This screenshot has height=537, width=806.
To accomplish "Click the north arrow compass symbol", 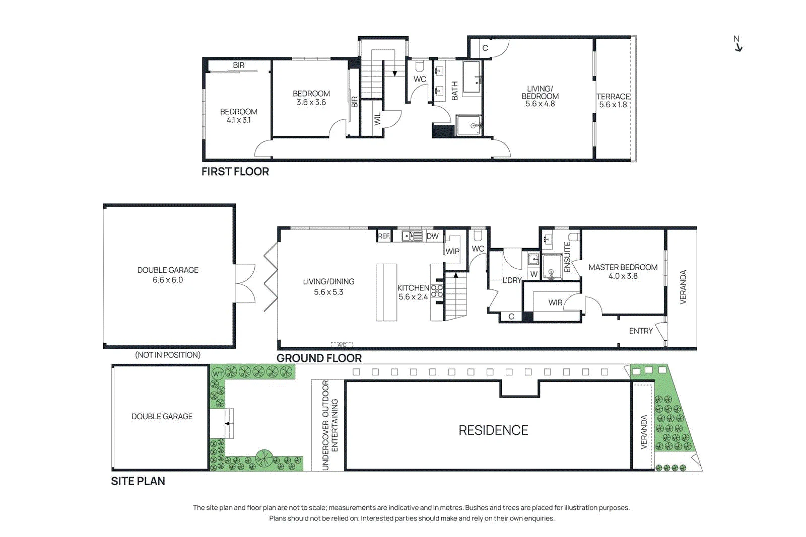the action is tap(738, 43).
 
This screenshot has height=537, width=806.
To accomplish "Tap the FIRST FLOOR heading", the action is tap(235, 172).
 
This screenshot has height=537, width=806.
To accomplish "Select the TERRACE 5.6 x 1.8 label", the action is tap(613, 101).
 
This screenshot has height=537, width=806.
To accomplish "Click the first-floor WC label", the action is tap(420, 79).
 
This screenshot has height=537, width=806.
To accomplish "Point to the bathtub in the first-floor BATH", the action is tap(472, 77).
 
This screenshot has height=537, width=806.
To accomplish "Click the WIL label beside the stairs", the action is tap(377, 119).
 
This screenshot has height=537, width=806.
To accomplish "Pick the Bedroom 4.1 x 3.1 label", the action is tap(239, 116).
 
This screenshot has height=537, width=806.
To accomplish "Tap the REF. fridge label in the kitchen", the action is tap(384, 236).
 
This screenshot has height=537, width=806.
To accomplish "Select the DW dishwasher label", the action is tap(433, 236).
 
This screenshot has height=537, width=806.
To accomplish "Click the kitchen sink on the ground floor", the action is tap(412, 236).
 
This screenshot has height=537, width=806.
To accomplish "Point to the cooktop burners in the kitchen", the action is tap(437, 291).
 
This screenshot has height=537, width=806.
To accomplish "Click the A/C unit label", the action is tap(342, 345).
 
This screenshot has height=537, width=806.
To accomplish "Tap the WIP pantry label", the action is tap(452, 252).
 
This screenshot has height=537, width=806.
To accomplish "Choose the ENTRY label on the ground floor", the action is tap(641, 331).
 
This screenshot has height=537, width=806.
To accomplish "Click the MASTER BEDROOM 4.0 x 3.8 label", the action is tap(623, 272).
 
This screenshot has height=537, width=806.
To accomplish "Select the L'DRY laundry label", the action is tap(512, 280).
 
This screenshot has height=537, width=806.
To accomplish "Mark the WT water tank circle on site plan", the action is tap(218, 374).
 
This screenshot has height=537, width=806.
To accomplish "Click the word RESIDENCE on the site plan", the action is tap(493, 430).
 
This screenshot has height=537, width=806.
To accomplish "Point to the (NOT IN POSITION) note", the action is tap(168, 355).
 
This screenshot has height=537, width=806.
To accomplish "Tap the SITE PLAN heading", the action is tap(138, 481).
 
